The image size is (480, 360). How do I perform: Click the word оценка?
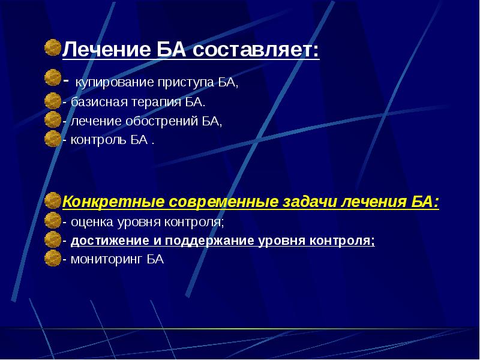[x=88, y=222]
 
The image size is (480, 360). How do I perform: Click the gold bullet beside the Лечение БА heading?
[x=53, y=47]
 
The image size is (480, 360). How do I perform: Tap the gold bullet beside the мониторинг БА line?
[x=53, y=259]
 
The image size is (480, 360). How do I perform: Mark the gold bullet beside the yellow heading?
[x=53, y=200]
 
